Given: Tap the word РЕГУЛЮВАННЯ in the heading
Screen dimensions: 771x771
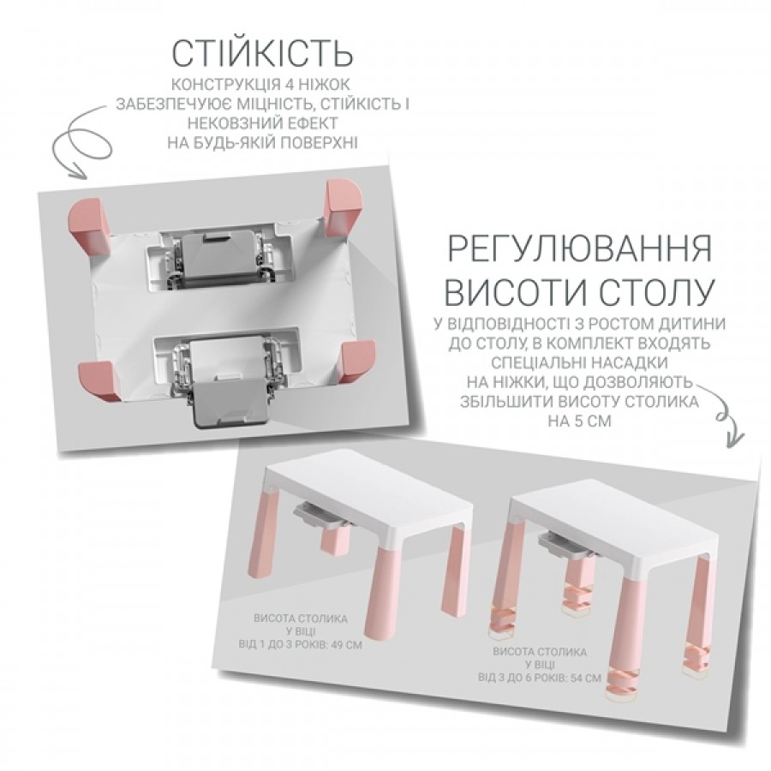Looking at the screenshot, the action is click(580, 248).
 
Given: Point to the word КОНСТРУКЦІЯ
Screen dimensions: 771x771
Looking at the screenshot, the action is click(226, 84).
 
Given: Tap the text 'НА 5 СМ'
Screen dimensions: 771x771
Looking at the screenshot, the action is click(579, 421).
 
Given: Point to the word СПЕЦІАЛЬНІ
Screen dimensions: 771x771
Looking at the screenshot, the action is click(534, 362).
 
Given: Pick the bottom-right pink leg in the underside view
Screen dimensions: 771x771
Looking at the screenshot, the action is click(359, 362).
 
